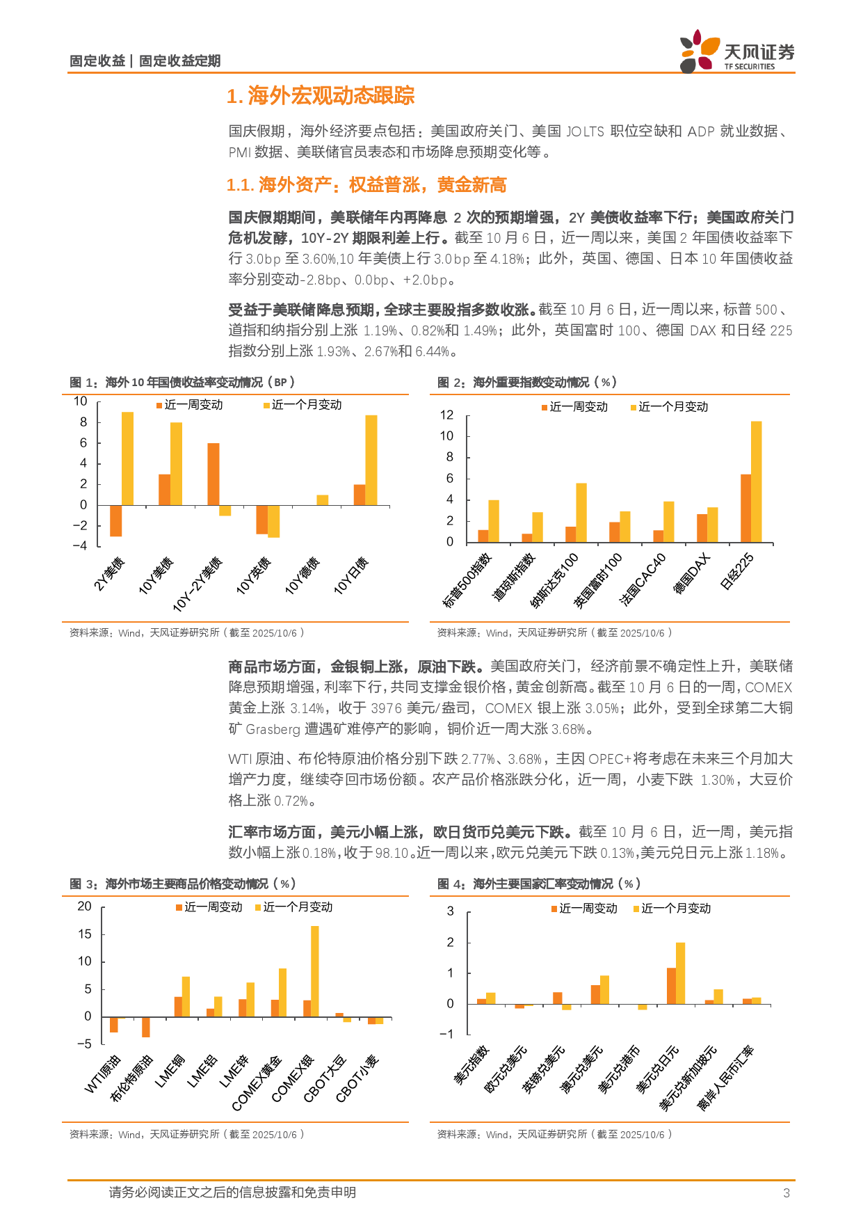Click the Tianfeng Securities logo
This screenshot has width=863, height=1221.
point(736,51)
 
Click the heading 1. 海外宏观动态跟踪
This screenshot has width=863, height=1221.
point(321,95)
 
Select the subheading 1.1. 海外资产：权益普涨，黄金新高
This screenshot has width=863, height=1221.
point(366,185)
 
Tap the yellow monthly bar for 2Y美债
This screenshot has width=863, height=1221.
point(127,458)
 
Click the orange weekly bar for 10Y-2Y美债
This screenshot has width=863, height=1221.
point(213,474)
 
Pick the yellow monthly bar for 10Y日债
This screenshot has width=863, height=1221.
point(371,460)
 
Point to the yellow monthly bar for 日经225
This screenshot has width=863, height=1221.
point(756,481)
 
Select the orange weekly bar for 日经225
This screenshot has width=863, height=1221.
point(745,508)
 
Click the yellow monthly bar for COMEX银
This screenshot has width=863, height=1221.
point(315,971)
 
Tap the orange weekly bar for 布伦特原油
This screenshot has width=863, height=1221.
point(146,1027)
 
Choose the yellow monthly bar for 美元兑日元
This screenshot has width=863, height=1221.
point(680,973)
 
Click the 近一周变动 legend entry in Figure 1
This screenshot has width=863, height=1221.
point(189,405)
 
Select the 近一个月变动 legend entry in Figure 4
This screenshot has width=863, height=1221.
point(672,909)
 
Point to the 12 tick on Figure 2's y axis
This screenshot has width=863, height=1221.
point(446,415)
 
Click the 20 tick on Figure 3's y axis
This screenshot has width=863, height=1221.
point(84,907)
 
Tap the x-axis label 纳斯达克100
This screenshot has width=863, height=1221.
point(555,580)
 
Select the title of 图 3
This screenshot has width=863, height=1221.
point(183,884)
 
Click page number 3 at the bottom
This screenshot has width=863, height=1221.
point(787,1193)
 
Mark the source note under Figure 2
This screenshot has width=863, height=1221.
point(554,633)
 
